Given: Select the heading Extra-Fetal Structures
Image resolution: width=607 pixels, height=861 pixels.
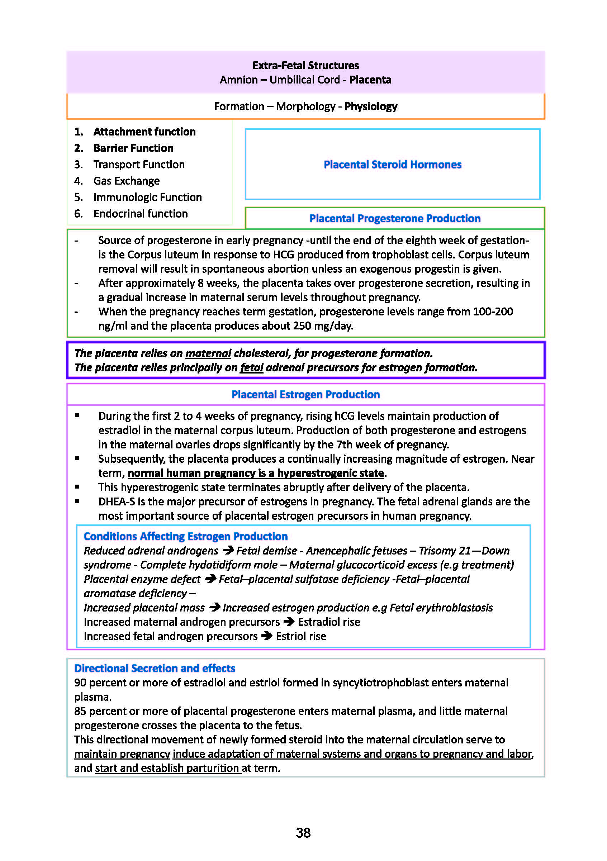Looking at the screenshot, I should coord(305,65).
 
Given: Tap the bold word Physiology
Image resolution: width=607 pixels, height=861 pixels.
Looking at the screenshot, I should coord(371,106).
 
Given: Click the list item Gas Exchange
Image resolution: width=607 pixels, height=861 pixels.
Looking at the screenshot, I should coord(126,181).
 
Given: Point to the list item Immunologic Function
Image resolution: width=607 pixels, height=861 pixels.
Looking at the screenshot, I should coord(147,197).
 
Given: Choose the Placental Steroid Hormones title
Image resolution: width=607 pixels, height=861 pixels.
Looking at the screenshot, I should coord(392,165).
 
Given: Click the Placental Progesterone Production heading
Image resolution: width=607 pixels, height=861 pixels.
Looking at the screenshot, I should coord(395,218).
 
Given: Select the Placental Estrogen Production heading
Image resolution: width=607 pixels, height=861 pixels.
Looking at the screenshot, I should coord(305,395).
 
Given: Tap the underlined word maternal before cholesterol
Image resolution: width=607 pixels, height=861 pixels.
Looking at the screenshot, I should coord(208,353).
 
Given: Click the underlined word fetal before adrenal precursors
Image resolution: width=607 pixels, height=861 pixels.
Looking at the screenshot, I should coord(251,367).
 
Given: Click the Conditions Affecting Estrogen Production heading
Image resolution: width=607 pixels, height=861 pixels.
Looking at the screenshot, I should coord(185,536).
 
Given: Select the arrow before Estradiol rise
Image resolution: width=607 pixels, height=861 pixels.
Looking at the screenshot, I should coord(289,622).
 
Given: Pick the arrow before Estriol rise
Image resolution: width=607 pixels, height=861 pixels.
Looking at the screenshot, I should coord(267,636).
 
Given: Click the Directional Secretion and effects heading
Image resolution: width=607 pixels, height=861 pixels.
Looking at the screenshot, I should coord(154,668).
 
